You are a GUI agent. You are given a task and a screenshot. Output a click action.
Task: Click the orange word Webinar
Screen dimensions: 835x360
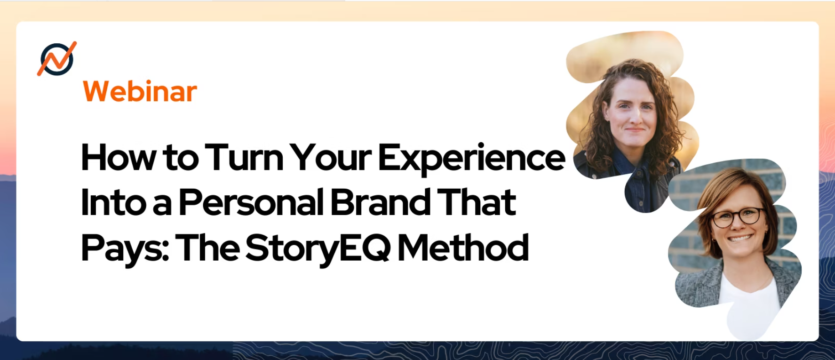click(140, 91)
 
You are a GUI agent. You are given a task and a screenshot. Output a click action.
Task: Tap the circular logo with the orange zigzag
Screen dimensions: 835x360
click(57, 59)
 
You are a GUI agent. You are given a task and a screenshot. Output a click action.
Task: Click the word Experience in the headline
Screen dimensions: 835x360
click(471, 159)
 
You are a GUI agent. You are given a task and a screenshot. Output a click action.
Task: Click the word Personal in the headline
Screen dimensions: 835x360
click(251, 203)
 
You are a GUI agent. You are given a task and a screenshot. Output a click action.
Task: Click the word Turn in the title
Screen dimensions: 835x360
click(244, 158)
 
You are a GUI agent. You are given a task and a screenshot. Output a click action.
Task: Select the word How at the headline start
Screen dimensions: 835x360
click(119, 158)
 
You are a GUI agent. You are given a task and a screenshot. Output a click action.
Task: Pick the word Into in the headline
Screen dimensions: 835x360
click(113, 203)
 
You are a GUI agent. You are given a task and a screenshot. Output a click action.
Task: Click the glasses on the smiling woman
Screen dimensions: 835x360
click(737, 217)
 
